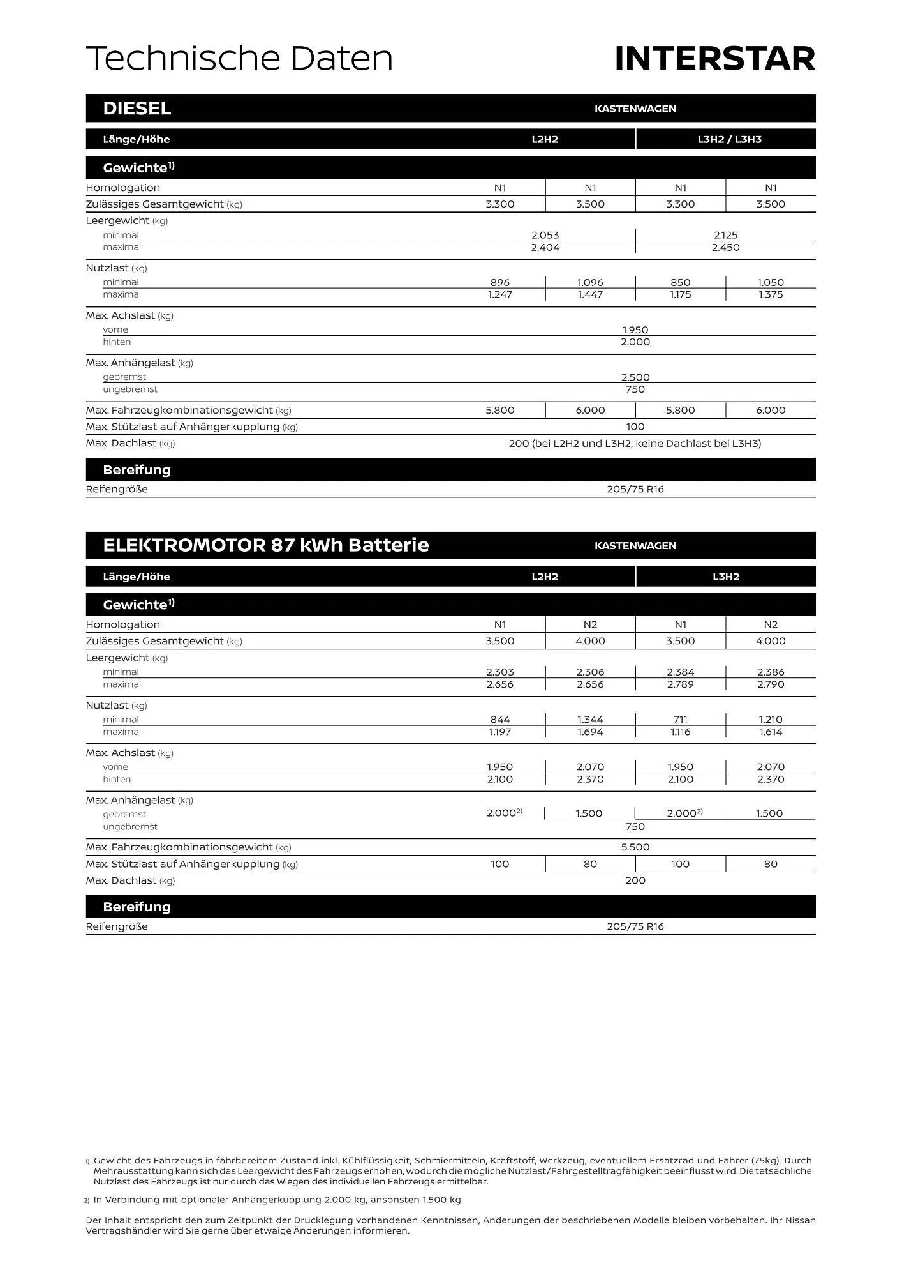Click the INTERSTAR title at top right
point(714,59)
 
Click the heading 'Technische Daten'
point(239,59)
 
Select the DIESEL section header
point(137,109)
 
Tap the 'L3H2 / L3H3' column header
point(729,139)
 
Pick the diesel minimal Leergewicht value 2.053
point(545,235)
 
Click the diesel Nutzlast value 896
point(499,282)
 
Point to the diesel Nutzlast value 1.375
point(770,294)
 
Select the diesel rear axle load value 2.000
point(635,342)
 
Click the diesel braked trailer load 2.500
point(635,377)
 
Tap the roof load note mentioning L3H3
point(635,443)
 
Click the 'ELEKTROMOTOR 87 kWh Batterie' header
point(266,545)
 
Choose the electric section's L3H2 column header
point(725,577)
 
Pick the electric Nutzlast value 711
point(680,720)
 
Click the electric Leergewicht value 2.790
point(770,684)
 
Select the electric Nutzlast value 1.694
point(590,732)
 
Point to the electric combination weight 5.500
point(635,847)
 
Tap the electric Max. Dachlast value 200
point(635,880)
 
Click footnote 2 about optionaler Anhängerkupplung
point(277,1200)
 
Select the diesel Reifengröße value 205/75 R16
point(635,489)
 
